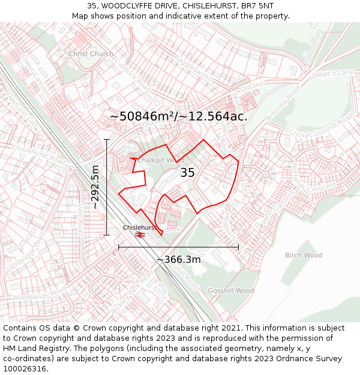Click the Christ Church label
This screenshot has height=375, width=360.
tap(91, 53)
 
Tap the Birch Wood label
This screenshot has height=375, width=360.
tap(303, 255)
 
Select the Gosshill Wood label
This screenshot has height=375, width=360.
tap(231, 290)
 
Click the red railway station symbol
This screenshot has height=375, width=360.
tap(140, 235)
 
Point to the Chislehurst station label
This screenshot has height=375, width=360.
tap(139, 227)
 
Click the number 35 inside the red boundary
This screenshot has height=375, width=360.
tap(188, 173)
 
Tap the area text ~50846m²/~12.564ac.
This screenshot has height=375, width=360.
tap(178, 116)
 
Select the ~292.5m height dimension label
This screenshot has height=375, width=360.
tap(95, 187)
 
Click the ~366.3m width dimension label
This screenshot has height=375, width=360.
tap(178, 260)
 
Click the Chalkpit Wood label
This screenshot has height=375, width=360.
tap(161, 160)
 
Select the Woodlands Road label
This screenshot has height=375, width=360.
tap(38, 296)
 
